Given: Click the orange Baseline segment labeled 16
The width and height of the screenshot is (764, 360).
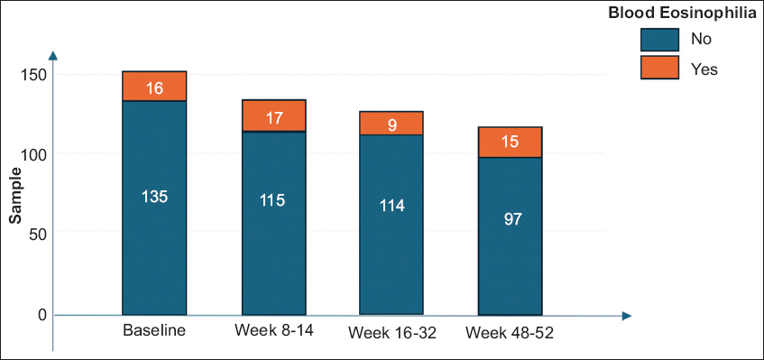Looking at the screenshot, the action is (154, 87).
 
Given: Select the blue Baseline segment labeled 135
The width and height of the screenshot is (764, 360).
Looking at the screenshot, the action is (154, 208).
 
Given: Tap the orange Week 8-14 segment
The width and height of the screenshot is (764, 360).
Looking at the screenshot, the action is (274, 115).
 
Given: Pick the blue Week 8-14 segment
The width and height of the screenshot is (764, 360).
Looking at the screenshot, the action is (274, 223).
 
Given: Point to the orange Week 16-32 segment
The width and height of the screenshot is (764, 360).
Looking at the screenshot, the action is (391, 124).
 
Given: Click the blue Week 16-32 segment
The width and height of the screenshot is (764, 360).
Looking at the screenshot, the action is (391, 225).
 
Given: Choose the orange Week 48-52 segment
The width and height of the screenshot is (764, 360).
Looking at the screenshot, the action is (511, 143).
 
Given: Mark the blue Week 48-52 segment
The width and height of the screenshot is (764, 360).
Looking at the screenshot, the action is (511, 236).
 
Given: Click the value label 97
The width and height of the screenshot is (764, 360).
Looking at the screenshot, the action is (512, 219).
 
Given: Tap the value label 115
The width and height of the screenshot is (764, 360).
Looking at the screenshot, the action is (272, 200).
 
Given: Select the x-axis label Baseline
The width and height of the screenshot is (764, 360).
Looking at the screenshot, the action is (154, 330).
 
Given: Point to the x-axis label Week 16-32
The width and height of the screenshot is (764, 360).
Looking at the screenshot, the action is (391, 335).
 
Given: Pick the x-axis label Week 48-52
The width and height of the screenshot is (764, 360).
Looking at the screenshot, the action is (510, 335).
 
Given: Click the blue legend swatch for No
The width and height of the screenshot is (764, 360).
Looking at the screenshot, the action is (659, 40).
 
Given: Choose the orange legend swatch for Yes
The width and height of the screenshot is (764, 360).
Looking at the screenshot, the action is (659, 68).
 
